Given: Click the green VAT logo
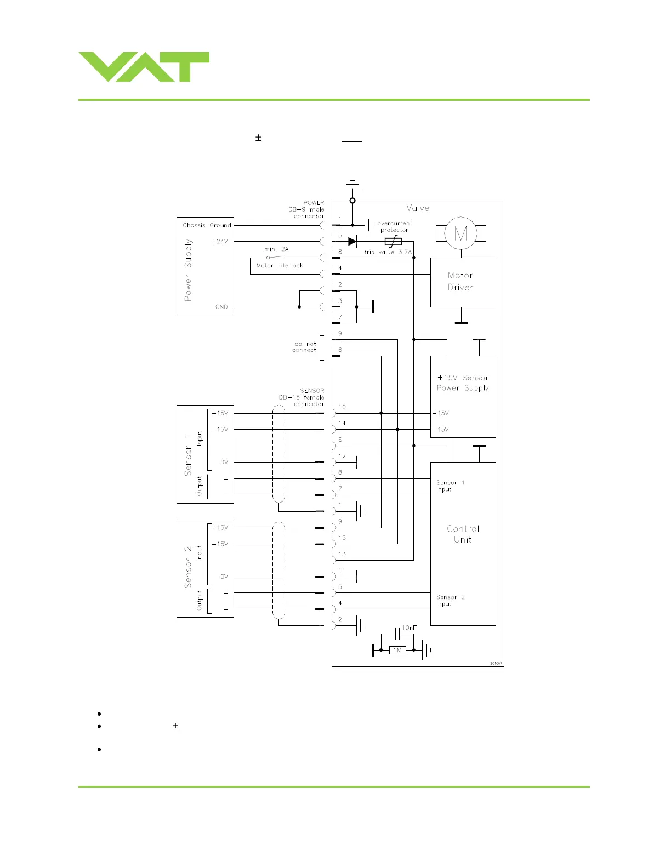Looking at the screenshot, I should [x=144, y=67].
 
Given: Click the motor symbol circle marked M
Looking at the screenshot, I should [x=460, y=233].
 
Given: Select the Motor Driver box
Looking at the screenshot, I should [x=463, y=282].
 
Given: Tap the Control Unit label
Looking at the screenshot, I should [x=463, y=534].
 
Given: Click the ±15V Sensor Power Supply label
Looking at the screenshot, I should [x=463, y=383].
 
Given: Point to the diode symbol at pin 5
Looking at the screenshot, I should [x=352, y=241].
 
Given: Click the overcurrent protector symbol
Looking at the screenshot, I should [x=393, y=241].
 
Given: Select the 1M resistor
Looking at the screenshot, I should [x=397, y=650].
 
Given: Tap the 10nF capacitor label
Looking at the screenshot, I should [x=410, y=628].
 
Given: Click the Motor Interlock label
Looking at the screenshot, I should [x=280, y=265].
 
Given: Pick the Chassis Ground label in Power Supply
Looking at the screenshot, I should [x=207, y=225].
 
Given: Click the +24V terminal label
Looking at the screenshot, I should [x=219, y=241].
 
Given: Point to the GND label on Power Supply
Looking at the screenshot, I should [x=221, y=307].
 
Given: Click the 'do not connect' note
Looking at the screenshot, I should [x=304, y=347].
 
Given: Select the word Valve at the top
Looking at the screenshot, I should [x=418, y=208].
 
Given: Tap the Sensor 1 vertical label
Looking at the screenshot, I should [x=188, y=454].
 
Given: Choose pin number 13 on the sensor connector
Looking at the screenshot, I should [x=342, y=554].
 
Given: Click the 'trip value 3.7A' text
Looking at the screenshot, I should [x=388, y=252].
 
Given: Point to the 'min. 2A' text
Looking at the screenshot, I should [x=276, y=249].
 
